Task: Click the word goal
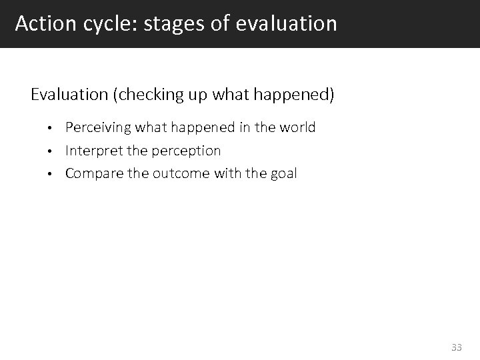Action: tap(283, 174)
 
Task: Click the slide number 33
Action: tap(457, 347)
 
